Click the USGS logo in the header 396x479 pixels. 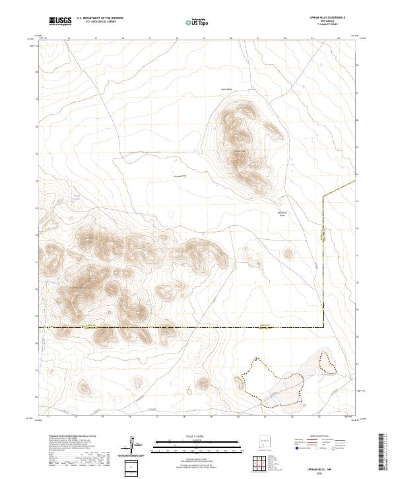[60, 21]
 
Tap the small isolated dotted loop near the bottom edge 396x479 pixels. [189, 390]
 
